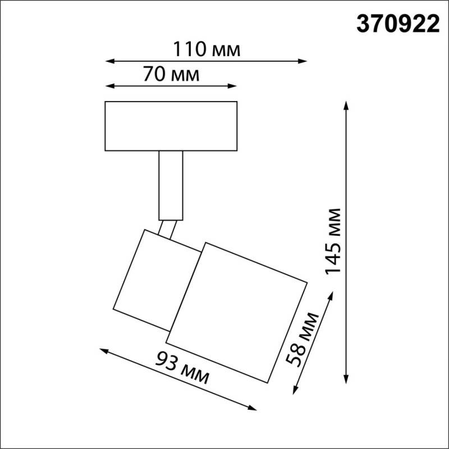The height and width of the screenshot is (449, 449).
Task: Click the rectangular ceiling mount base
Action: point(171,126)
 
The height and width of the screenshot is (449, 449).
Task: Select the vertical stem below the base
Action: point(171,185)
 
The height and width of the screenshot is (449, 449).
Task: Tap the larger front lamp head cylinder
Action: point(237,311)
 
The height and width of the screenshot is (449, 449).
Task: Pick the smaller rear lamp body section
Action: point(149,281)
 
